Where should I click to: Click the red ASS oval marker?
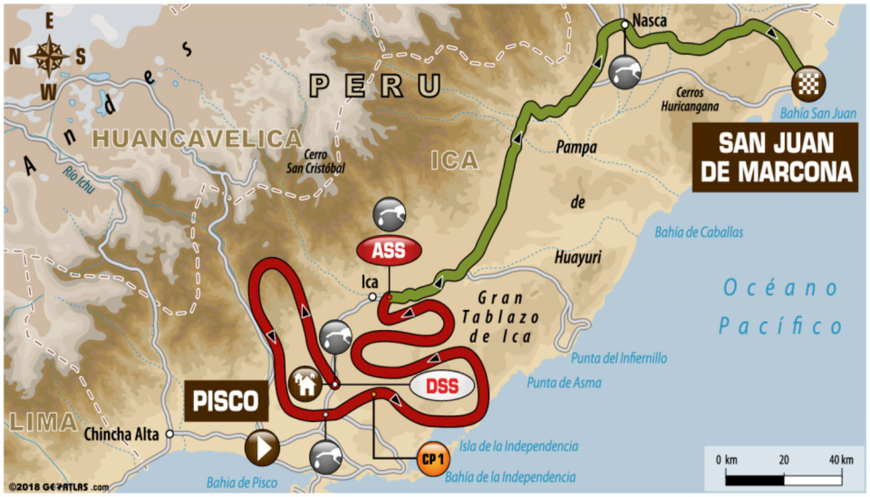pos(389,250)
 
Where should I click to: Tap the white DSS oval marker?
pos(441,386)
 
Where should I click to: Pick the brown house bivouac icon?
pos(305,384)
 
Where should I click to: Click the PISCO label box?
pos(226,401)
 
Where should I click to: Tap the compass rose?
pos(48,57)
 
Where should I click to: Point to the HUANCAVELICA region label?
pos(188,139)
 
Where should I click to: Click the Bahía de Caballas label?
pos(698,232)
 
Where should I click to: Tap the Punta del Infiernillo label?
pos(619,358)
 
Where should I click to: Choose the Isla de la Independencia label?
pos(519,446)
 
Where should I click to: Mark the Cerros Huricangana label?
pos(690,99)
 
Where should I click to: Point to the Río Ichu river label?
pos(79,178)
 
